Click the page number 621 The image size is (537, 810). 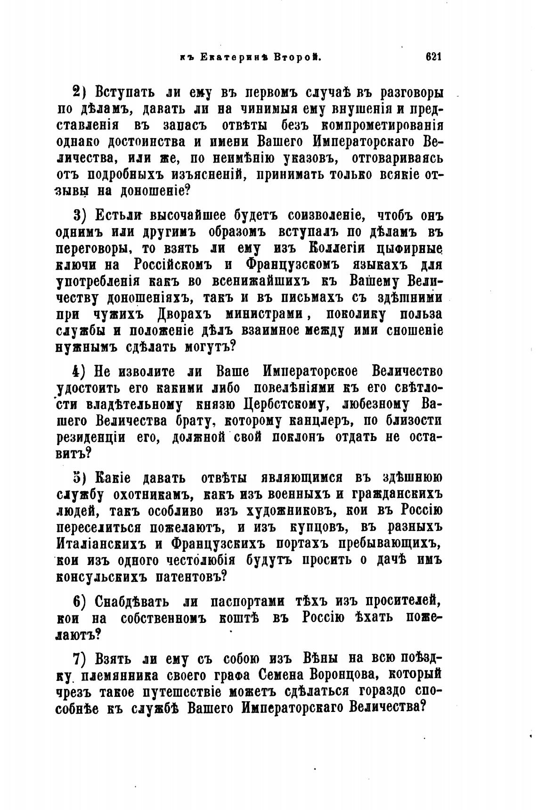[432, 57]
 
